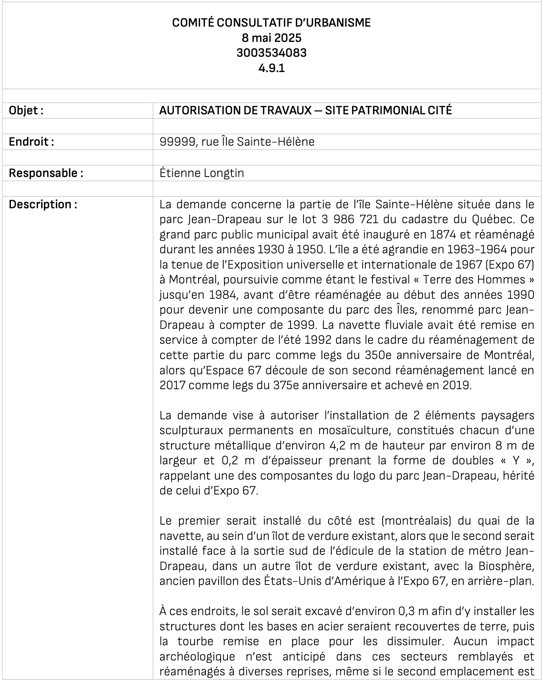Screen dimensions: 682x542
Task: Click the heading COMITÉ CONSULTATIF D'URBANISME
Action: point(271,23)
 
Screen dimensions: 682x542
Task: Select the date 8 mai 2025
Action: point(271,38)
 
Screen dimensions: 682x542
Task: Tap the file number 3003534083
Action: point(271,53)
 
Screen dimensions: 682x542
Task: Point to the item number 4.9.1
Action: point(271,68)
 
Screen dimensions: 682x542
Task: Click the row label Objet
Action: point(26,110)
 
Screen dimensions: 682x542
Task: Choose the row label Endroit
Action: point(31,142)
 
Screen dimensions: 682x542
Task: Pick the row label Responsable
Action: point(46,173)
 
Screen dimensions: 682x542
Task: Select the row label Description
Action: point(43,204)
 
